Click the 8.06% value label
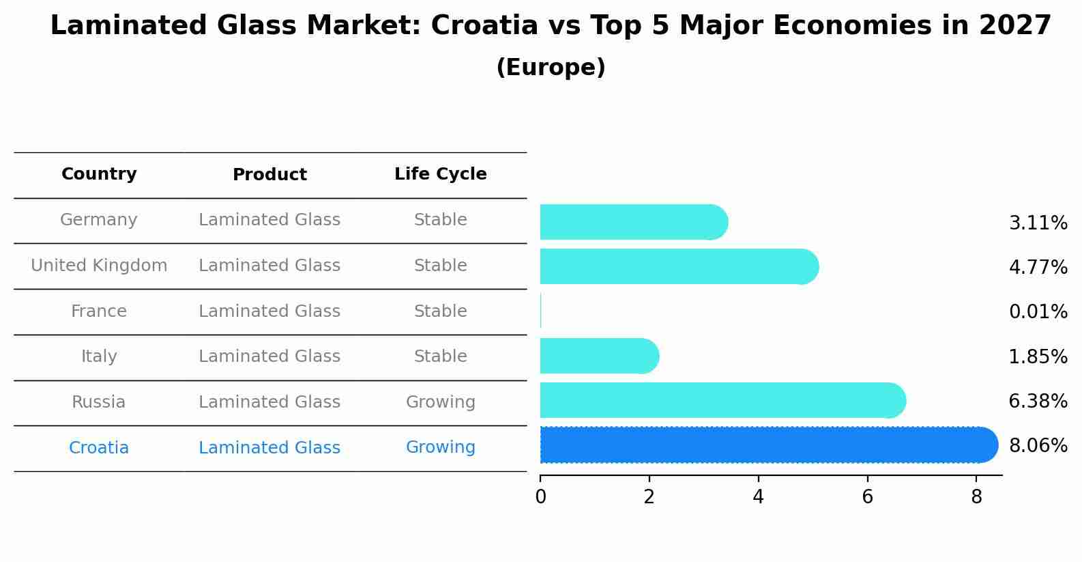point(1038,446)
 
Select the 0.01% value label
point(1038,312)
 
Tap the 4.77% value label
point(1038,267)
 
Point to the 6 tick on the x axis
point(867,497)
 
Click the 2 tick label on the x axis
point(649,497)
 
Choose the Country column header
point(99,174)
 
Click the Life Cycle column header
point(440,174)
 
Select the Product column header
point(269,175)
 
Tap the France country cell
point(99,311)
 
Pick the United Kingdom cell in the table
point(99,266)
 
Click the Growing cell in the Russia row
point(440,402)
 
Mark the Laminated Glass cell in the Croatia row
point(269,448)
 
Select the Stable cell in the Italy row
point(440,356)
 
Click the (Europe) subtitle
point(551,68)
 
